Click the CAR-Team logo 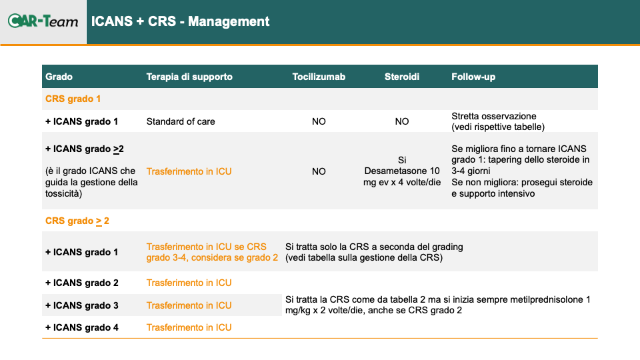[43, 21]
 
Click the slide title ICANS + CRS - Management [180, 21]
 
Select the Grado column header [59, 77]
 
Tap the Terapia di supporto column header [189, 77]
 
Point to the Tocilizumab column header [319, 77]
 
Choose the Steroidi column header [401, 77]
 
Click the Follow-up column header [473, 77]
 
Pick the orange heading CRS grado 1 [73, 99]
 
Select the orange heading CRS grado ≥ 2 [77, 221]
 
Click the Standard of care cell [181, 121]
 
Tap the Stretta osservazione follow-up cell [498, 121]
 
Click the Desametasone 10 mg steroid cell [402, 171]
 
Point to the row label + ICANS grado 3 [81, 305]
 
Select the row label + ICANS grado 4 [81, 327]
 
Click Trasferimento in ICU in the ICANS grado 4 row [189, 327]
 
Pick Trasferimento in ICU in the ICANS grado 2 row [189, 283]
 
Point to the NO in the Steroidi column [401, 121]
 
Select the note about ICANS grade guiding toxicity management [91, 182]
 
